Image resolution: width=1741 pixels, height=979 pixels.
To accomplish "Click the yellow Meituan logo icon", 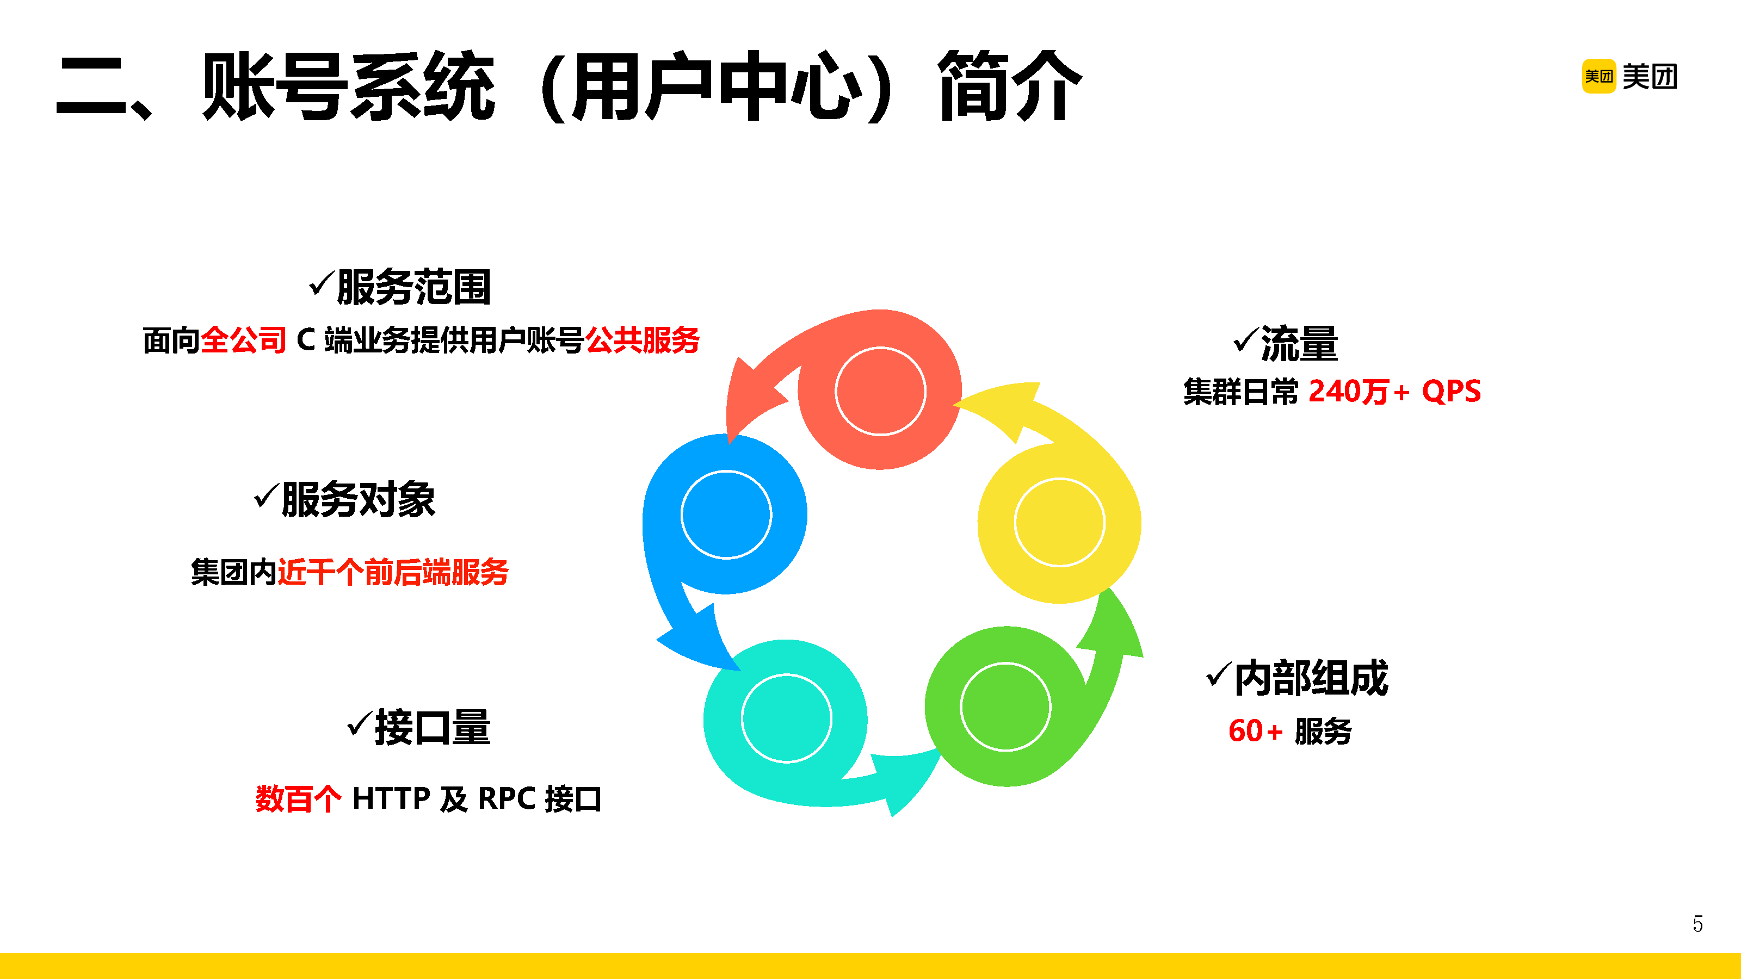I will [1598, 76].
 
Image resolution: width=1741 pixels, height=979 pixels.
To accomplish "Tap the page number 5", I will [1697, 924].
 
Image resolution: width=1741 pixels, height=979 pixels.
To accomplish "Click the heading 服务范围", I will [413, 287].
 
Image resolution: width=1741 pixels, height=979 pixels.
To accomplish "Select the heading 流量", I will [1298, 344].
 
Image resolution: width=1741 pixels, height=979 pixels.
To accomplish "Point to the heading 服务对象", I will [357, 499].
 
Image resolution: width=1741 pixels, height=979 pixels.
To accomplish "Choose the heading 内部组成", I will [1311, 678].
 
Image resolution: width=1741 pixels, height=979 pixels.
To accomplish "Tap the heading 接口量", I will [432, 727].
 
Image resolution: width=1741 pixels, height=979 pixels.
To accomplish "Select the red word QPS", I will [1451, 392].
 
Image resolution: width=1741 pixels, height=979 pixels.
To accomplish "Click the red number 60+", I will [1255, 731].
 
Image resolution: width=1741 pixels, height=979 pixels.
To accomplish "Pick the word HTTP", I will [391, 798].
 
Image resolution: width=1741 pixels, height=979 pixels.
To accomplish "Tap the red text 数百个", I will [299, 798].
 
